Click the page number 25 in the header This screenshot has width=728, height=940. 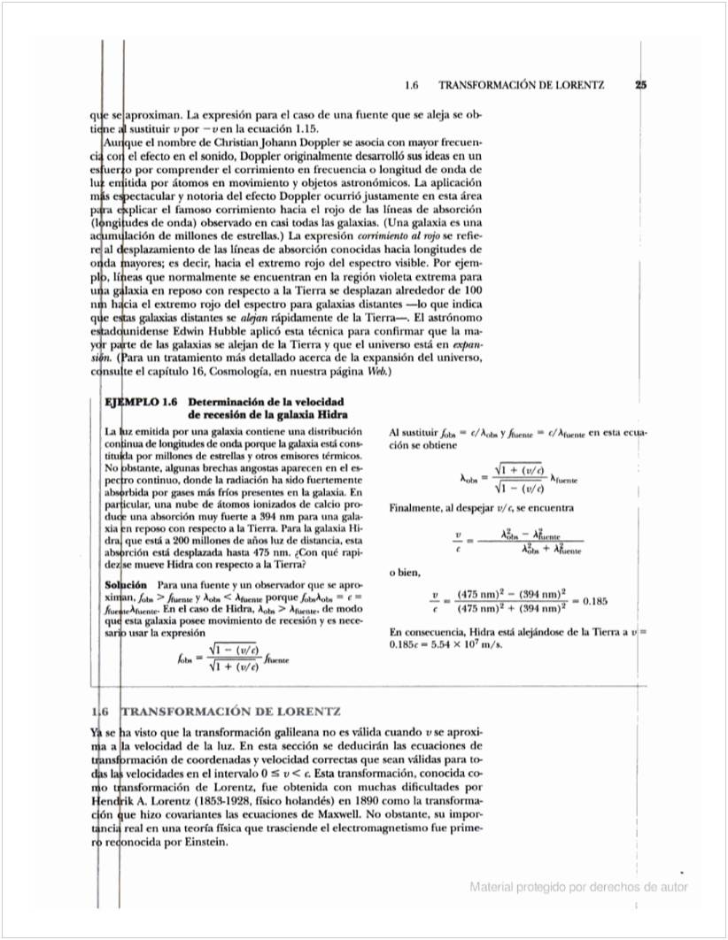coord(641,86)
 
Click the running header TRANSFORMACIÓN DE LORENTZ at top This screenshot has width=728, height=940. coord(522,86)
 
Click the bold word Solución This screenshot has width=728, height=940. coord(126,585)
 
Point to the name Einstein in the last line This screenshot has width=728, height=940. coord(204,842)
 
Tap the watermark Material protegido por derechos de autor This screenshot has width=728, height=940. coord(578,887)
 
